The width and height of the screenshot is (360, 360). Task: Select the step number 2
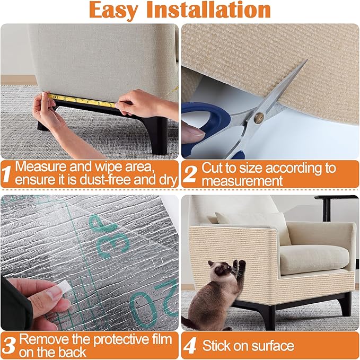point(190,174)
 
